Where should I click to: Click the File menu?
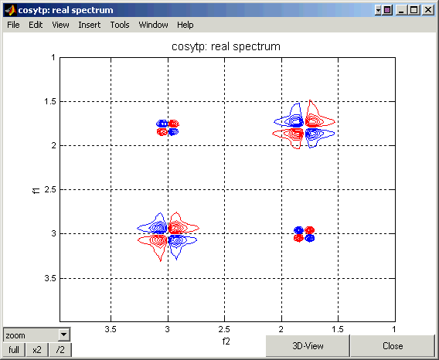coord(13,25)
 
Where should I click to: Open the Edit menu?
coord(36,25)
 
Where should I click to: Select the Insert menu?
coord(90,25)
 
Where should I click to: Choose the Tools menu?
coord(120,25)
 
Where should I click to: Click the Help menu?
coord(185,25)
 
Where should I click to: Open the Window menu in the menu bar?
coord(154,25)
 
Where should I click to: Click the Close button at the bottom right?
coord(393,346)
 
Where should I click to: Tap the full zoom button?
coord(14,350)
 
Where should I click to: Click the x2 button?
coord(37,350)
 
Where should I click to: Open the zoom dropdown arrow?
coord(64,335)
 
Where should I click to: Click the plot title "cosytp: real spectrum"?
coord(226,46)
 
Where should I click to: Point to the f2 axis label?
coord(226,341)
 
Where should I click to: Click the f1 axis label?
coord(36,190)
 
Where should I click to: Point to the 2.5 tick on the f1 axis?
coord(50,189)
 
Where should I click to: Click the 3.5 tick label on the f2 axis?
coord(111,330)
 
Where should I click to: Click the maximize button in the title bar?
coord(413,10)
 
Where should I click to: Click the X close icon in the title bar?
coord(428,10)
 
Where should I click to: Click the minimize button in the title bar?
coord(401,10)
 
